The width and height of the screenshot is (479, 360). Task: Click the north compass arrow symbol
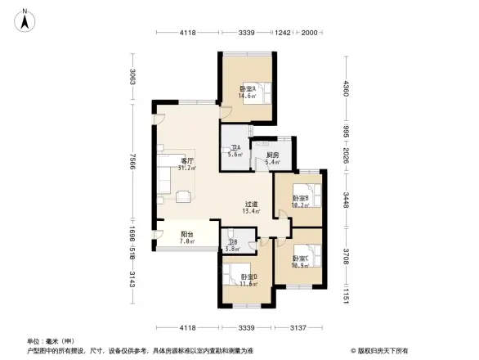[x=28, y=19]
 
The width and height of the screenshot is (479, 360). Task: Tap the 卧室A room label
[x=247, y=88]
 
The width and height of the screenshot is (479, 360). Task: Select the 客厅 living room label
[x=186, y=161]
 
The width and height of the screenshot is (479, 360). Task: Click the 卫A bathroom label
[x=235, y=147]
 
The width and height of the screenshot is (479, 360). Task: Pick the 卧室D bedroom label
[x=248, y=277]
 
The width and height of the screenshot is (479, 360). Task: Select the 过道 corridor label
[x=251, y=205]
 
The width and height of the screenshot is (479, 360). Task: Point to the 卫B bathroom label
[x=232, y=241]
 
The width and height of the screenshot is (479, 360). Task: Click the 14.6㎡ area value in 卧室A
[x=247, y=96]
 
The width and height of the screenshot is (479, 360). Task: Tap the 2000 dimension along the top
[x=310, y=33]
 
